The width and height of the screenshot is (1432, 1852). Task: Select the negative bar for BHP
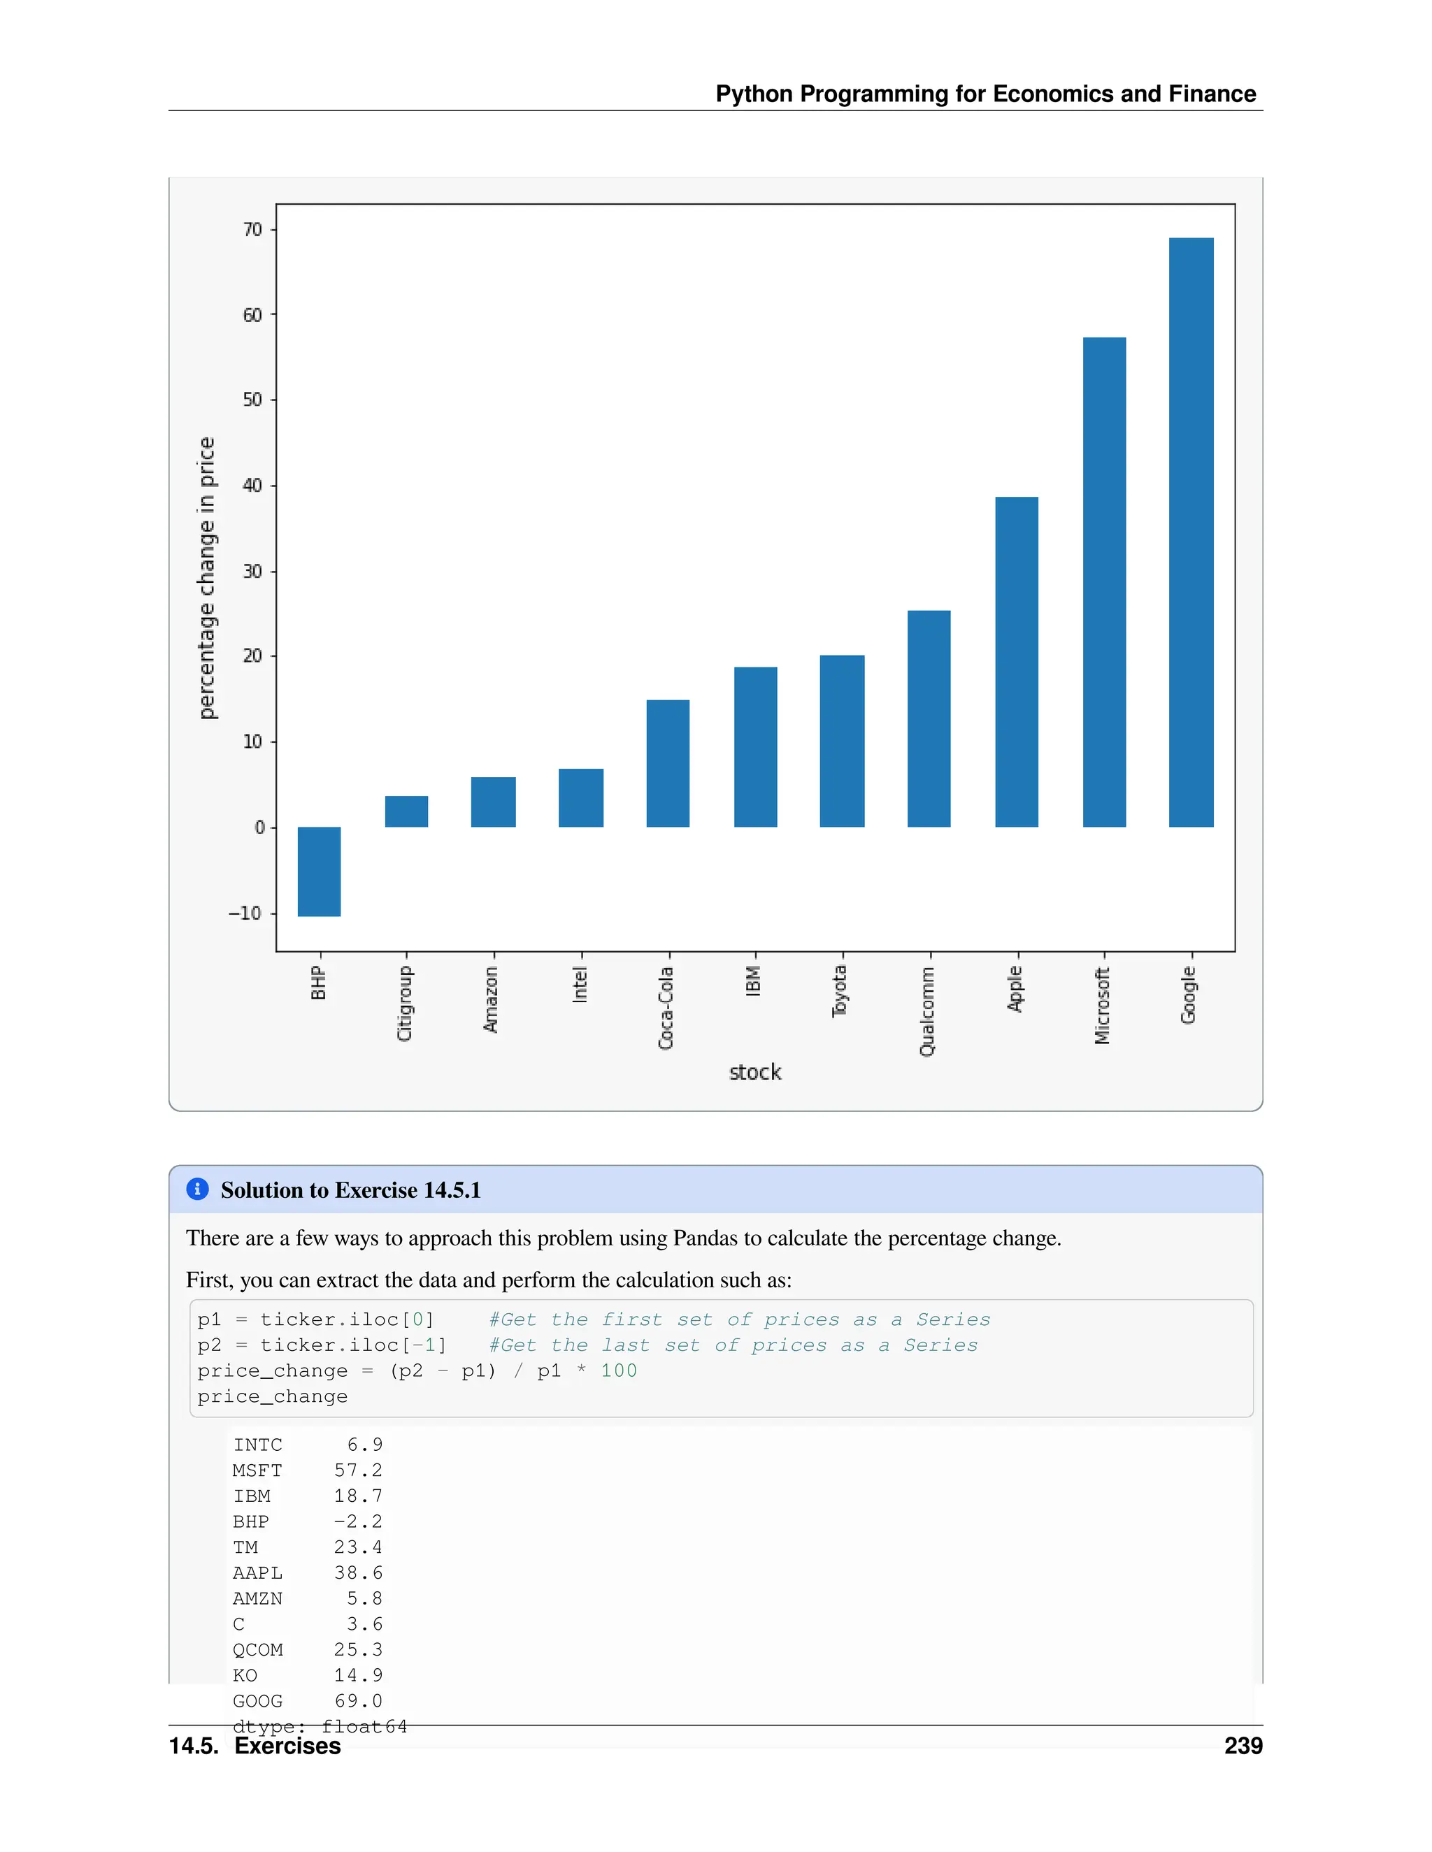(x=319, y=871)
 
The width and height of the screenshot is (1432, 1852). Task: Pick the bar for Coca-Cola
(x=668, y=763)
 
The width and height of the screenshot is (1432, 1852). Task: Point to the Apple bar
(x=1016, y=661)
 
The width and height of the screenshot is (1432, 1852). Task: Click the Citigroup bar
(x=406, y=811)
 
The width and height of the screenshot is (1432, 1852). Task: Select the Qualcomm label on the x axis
(x=927, y=1012)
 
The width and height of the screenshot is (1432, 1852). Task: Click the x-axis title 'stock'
(x=755, y=1073)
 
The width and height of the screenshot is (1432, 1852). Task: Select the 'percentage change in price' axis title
(x=207, y=579)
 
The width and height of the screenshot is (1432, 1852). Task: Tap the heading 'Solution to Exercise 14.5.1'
(x=350, y=1191)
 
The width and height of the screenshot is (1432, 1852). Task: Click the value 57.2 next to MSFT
(x=358, y=1470)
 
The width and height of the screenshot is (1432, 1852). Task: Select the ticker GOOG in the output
(x=258, y=1701)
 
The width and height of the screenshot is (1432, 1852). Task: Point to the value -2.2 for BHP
(x=358, y=1521)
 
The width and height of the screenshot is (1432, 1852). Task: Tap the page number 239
(x=1243, y=1746)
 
